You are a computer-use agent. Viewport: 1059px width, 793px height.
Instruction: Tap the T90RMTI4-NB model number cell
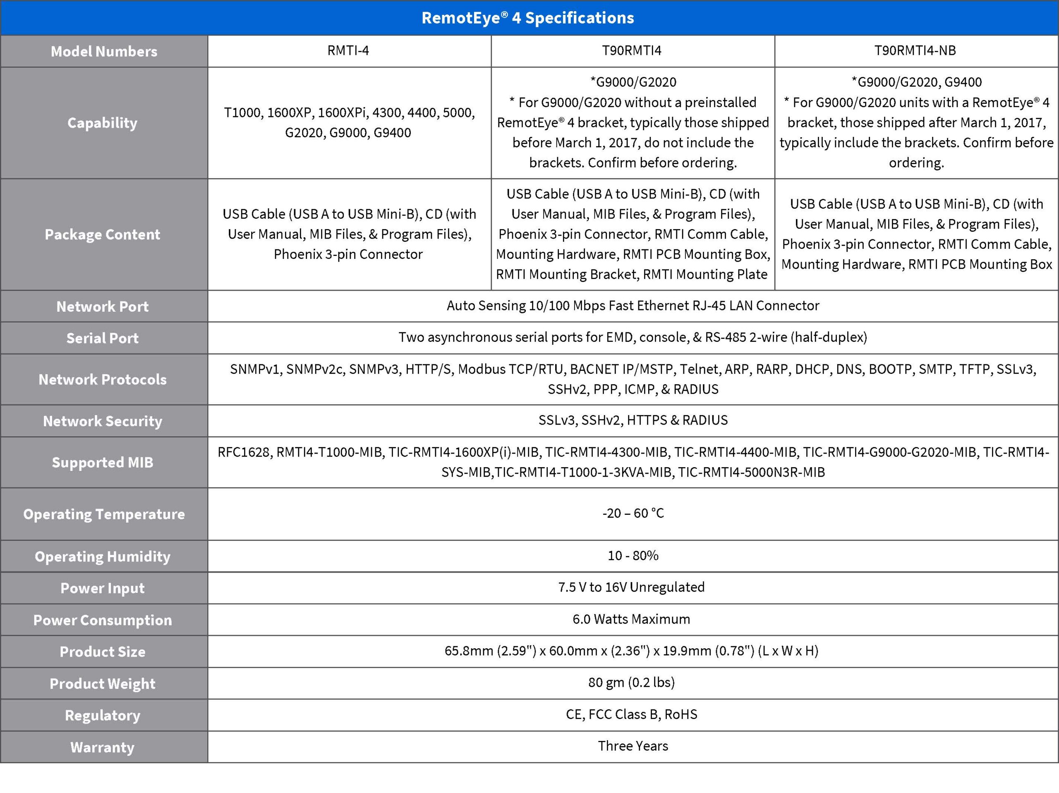[x=915, y=51]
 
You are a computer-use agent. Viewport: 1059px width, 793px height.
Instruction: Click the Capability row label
[x=103, y=123]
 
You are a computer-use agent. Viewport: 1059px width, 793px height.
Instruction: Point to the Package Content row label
[x=103, y=234]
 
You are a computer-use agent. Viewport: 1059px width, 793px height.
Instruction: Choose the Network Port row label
[x=103, y=306]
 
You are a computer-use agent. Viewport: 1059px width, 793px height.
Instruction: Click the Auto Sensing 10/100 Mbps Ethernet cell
[x=633, y=306]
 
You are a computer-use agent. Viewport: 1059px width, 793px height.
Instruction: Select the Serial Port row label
[x=103, y=338]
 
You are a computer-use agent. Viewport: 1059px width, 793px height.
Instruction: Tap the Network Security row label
[x=103, y=421]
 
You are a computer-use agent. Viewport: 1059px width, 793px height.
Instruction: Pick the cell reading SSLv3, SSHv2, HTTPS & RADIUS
[x=633, y=420]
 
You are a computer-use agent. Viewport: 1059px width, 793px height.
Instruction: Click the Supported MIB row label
[x=103, y=462]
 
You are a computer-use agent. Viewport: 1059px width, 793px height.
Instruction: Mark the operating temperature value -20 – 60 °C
[x=633, y=514]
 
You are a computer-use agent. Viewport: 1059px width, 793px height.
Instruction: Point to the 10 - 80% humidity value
[x=633, y=556]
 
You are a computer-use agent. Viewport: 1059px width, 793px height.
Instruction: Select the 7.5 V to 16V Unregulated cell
[x=631, y=587]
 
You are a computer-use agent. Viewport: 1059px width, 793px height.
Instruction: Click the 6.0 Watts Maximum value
[x=631, y=619]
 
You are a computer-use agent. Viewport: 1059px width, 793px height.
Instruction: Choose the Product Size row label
[x=103, y=652]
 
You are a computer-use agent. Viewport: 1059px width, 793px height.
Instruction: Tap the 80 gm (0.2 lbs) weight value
[x=631, y=683]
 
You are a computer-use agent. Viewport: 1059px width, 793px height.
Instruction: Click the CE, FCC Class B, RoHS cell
[x=631, y=714]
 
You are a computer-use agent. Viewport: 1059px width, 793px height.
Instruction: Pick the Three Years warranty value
[x=633, y=746]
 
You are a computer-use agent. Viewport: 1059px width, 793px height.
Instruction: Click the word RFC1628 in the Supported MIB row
[x=244, y=452]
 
